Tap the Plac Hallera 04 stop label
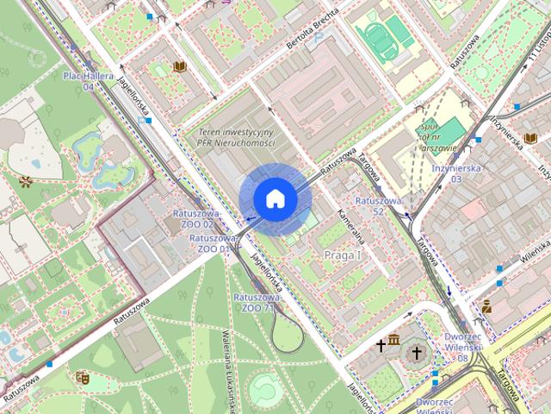pyautogui.click(x=88, y=82)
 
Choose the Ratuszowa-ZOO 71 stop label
pyautogui.click(x=254, y=302)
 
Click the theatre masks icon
pyautogui.click(x=83, y=377)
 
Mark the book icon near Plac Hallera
pyautogui.click(x=179, y=66)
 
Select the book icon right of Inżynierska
pyautogui.click(x=531, y=138)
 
